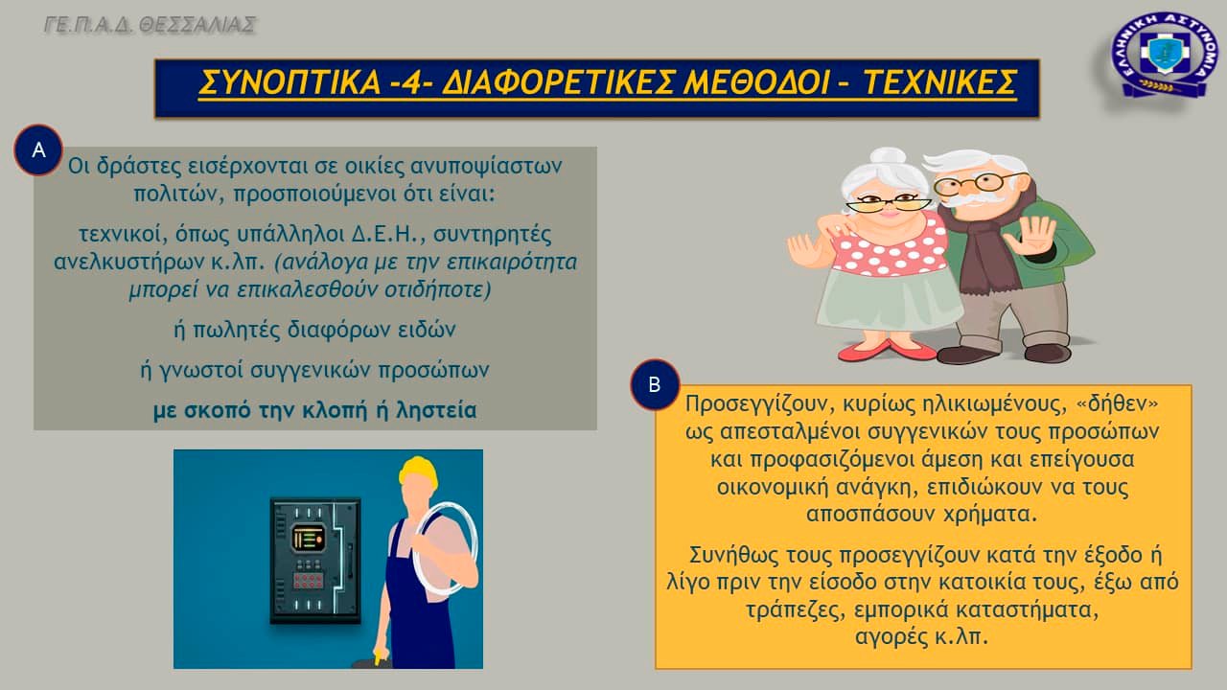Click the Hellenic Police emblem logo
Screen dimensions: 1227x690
tap(1165, 55)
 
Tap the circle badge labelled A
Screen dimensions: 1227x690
tap(38, 150)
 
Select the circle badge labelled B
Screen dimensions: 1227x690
tap(655, 384)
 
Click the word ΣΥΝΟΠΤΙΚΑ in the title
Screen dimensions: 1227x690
tap(289, 82)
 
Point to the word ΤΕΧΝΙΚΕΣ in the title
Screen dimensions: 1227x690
tap(940, 82)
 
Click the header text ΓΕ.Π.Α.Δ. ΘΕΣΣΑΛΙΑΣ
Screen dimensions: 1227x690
tap(150, 25)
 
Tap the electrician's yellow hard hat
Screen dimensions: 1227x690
tap(419, 471)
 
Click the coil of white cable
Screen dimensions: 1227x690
tap(444, 547)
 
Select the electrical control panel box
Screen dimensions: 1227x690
tap(315, 561)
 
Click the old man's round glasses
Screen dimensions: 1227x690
tap(981, 183)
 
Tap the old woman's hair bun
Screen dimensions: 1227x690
tap(888, 156)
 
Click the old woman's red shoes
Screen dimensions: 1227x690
tap(888, 350)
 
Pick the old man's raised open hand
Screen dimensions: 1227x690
tap(1030, 235)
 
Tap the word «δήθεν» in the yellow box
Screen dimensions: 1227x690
tap(1117, 403)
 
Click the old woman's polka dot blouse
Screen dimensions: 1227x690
tap(891, 246)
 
